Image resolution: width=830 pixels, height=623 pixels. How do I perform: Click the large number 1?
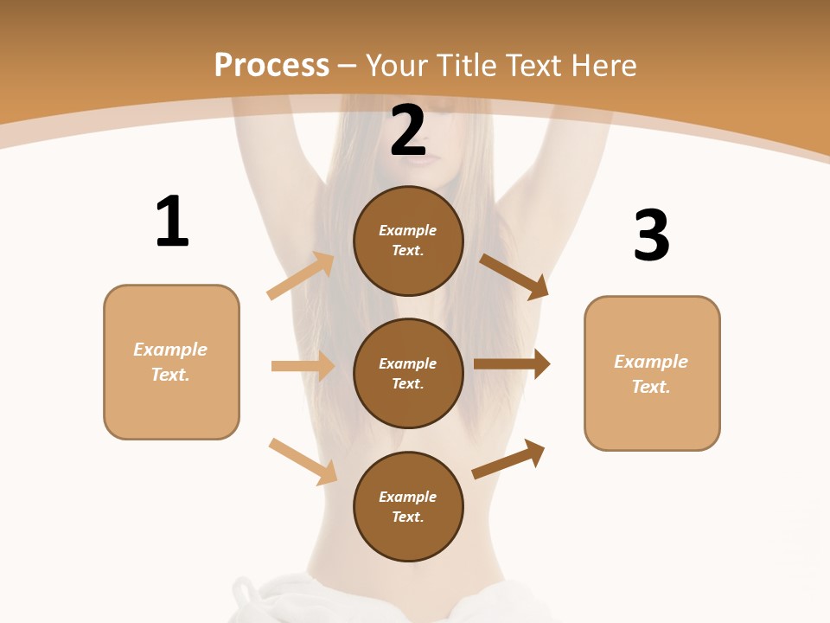pyautogui.click(x=172, y=222)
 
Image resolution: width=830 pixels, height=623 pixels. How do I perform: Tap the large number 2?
pyautogui.click(x=408, y=131)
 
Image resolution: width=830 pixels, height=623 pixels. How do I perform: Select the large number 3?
pyautogui.click(x=652, y=235)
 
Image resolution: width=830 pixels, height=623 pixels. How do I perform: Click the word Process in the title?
pyautogui.click(x=271, y=65)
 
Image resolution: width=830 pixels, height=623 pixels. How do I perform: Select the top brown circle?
pyautogui.click(x=408, y=241)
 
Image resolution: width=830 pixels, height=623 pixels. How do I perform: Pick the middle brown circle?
pyautogui.click(x=408, y=373)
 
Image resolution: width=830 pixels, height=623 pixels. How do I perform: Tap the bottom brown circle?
pyautogui.click(x=408, y=506)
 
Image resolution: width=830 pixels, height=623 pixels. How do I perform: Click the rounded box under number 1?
pyautogui.click(x=171, y=362)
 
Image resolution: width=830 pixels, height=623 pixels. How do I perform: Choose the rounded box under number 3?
pyautogui.click(x=652, y=373)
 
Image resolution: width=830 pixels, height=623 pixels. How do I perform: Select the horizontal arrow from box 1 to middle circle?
pyautogui.click(x=303, y=366)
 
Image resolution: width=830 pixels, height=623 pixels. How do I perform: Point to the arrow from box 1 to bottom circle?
pyautogui.click(x=303, y=461)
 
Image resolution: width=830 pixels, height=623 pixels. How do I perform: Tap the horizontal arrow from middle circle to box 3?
pyautogui.click(x=512, y=364)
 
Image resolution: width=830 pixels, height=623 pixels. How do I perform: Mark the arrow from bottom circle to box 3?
pyautogui.click(x=508, y=459)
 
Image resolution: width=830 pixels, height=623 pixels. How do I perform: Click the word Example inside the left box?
pyautogui.click(x=170, y=350)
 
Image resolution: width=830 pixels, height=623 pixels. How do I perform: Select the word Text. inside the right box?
pyautogui.click(x=651, y=387)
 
